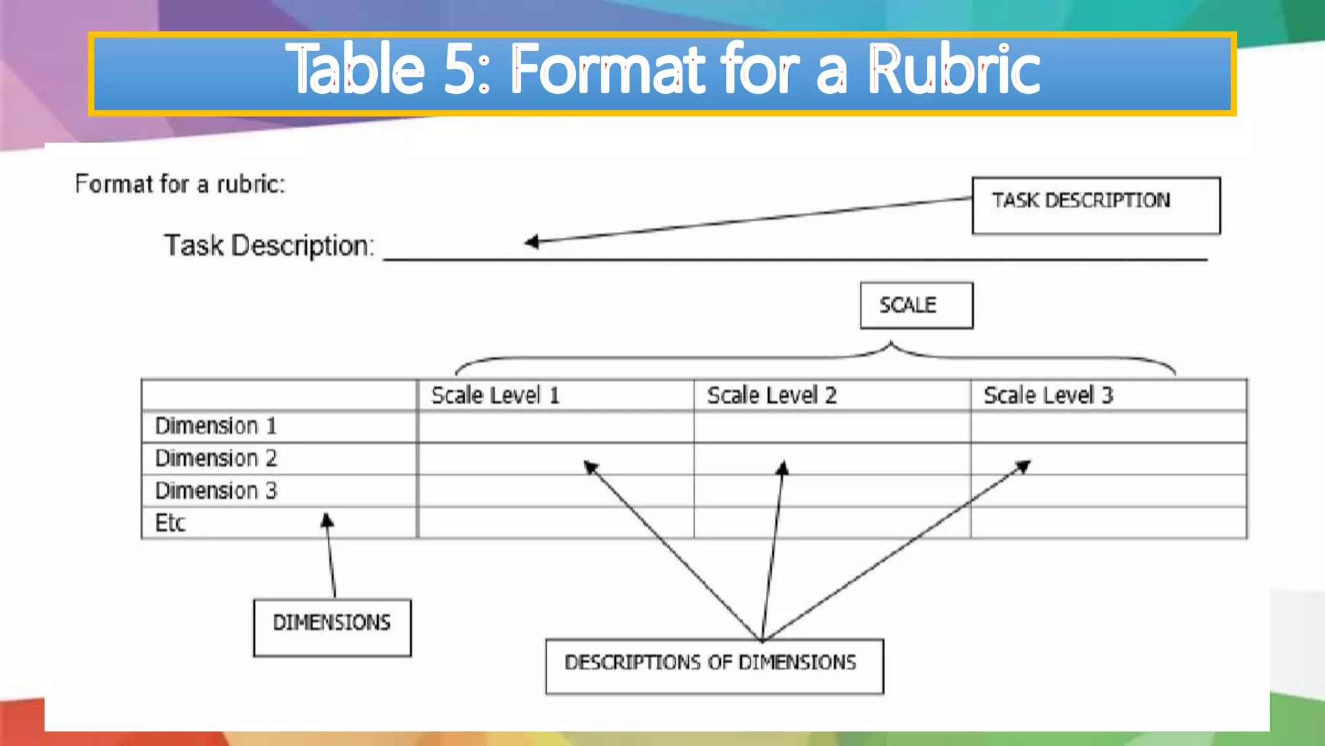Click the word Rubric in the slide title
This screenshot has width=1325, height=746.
954,70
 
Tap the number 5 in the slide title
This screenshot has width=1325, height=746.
460,70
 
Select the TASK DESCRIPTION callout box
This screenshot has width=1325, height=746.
1096,205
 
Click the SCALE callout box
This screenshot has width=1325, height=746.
916,305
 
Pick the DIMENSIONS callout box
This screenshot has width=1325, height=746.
332,627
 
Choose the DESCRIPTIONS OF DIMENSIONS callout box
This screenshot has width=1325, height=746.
714,666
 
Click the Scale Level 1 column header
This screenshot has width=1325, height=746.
496,395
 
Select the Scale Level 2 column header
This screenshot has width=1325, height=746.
772,395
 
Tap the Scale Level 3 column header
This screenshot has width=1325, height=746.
1048,395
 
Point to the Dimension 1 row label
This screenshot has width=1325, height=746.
216,426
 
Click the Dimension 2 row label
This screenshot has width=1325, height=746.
216,458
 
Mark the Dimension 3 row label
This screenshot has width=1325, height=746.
216,491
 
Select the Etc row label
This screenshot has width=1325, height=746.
170,523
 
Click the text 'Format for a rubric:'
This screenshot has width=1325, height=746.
180,185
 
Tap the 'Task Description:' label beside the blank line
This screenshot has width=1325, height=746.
269,246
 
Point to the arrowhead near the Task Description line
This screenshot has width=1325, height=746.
531,242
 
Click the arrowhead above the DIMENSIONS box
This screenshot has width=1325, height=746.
327,519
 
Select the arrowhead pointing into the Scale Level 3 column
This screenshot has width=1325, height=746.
1024,466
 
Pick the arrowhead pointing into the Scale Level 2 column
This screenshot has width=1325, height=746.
783,468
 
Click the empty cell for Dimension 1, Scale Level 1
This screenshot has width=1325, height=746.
556,427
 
